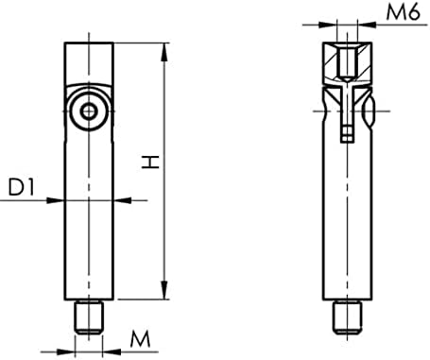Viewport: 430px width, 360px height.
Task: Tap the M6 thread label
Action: coord(403,13)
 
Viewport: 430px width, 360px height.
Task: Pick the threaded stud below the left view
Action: coord(88,317)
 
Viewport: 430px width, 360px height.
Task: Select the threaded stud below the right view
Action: coord(348,317)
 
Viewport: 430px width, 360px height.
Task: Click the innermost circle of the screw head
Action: coord(88,111)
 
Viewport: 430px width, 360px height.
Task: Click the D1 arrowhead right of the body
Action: coord(118,200)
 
